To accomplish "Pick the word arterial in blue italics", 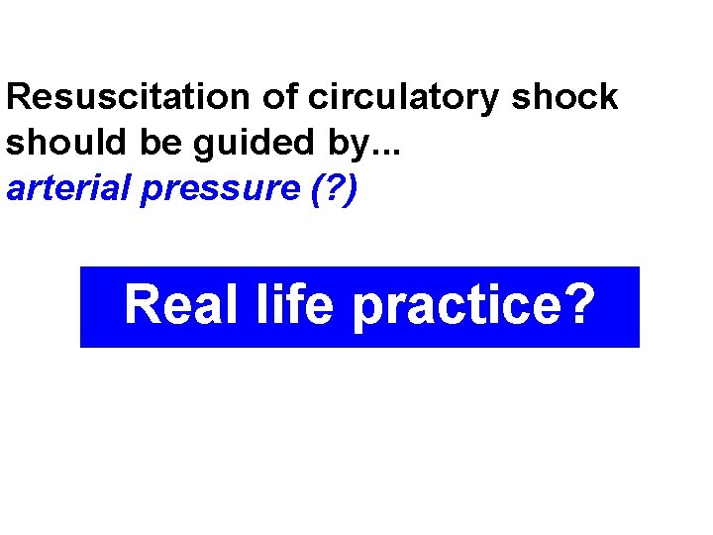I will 69,187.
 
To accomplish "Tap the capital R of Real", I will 142,305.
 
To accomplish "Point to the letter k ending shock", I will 608,98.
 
